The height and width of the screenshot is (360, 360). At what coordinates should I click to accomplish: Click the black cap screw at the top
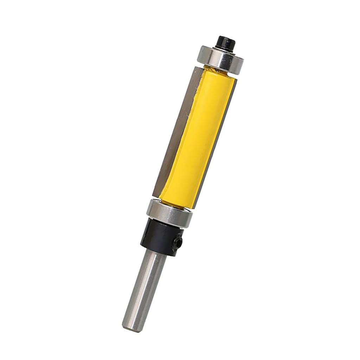(226, 43)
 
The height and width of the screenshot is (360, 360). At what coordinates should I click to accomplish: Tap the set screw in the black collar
(178, 243)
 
